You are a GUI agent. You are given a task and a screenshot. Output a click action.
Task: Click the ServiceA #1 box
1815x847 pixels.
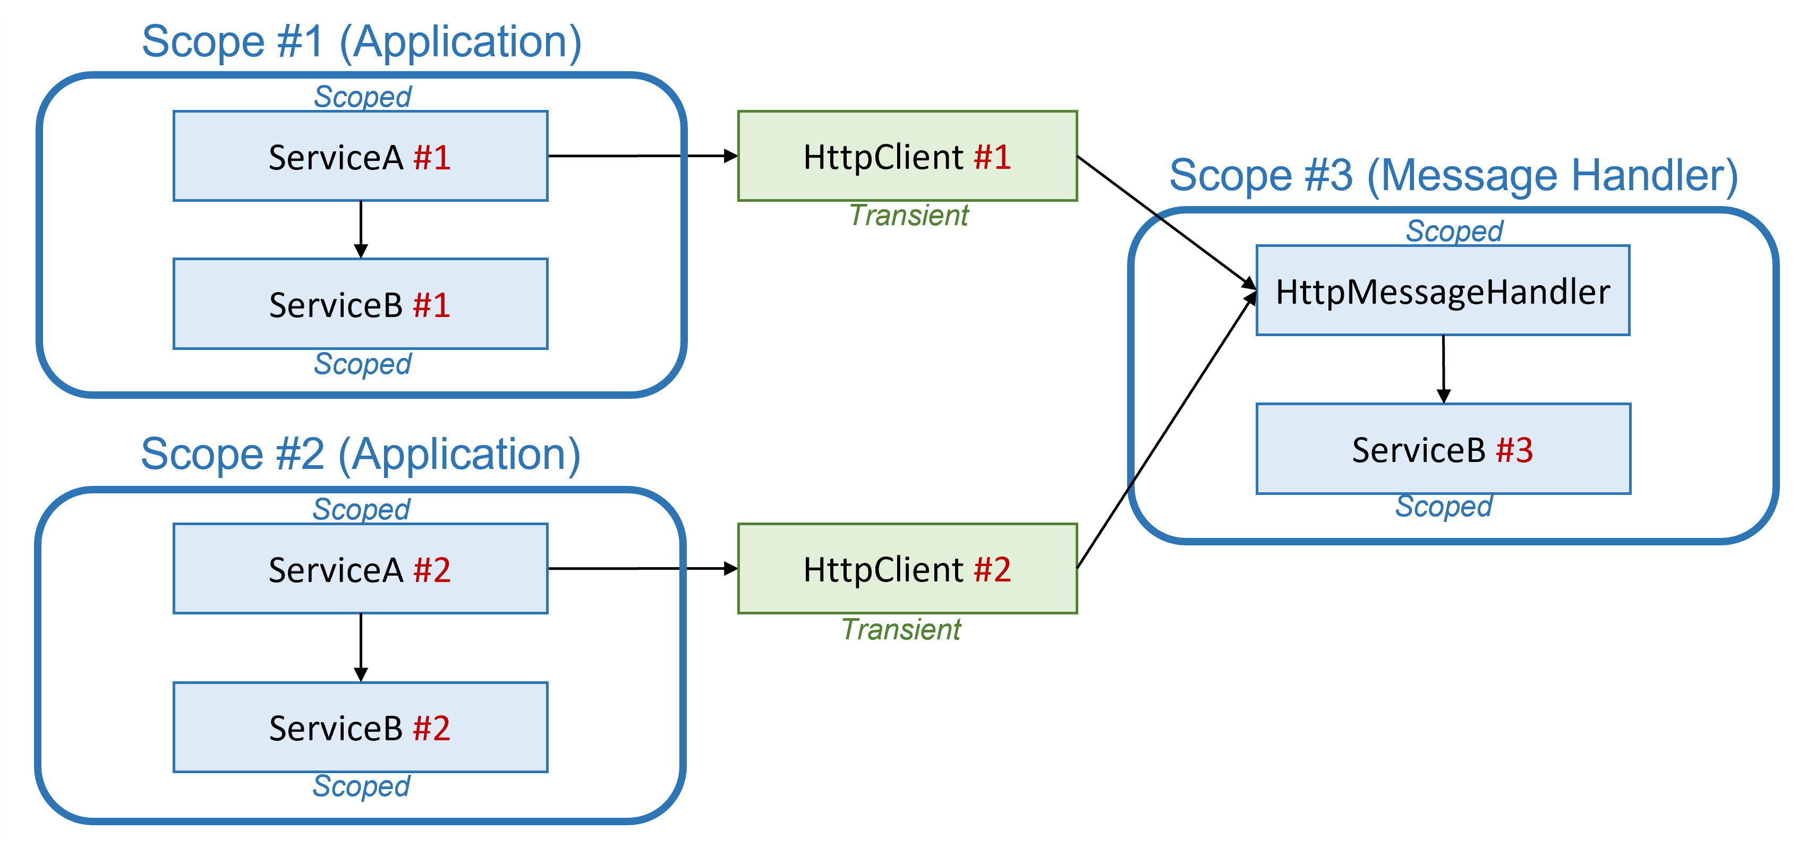(360, 157)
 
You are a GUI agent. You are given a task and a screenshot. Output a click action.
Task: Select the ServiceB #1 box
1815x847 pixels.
(360, 304)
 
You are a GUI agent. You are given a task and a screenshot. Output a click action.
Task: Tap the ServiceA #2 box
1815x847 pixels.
(360, 569)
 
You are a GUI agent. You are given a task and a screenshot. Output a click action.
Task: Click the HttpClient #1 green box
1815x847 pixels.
(907, 157)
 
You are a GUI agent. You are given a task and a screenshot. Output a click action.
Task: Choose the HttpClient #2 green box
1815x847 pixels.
(907, 569)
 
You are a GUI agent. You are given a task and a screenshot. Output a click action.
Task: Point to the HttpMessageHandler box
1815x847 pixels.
(1442, 291)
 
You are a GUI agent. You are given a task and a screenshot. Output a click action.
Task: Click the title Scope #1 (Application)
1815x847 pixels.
(361, 41)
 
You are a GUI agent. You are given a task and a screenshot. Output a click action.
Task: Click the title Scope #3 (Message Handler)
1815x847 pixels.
(1453, 175)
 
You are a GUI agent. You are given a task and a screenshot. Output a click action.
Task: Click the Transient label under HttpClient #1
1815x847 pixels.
(909, 216)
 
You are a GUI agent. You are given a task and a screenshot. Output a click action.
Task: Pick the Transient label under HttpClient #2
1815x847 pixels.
(901, 629)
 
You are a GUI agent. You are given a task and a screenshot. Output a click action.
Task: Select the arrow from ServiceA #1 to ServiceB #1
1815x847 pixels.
(361, 229)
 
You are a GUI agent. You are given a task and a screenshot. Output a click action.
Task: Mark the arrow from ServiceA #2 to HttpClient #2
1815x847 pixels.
(641, 568)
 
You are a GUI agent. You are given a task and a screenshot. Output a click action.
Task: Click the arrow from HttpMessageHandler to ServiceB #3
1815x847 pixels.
(1443, 368)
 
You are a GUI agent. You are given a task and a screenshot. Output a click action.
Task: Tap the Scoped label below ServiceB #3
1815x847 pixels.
(1444, 506)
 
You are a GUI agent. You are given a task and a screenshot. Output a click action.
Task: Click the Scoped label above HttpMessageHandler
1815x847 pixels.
(1454, 231)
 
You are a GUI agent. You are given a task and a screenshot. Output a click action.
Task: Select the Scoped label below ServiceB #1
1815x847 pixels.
(362, 364)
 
